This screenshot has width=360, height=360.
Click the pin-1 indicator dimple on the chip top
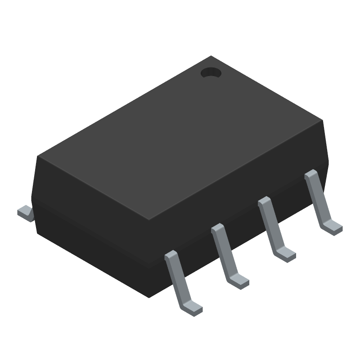click(211, 72)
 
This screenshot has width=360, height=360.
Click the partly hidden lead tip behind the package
click(26, 213)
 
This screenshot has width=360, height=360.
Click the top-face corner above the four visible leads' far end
click(322, 120)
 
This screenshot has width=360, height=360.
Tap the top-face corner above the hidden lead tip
click(38, 157)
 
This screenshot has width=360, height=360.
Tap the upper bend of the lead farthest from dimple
click(171, 256)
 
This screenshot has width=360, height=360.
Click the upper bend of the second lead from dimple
click(264, 201)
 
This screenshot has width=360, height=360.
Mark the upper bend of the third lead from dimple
click(218, 228)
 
